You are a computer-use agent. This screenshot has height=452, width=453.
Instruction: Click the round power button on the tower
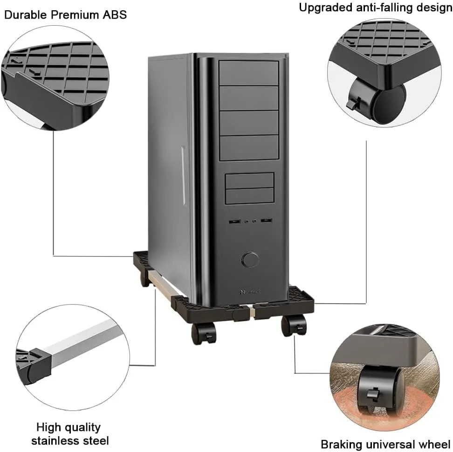(x=251, y=259)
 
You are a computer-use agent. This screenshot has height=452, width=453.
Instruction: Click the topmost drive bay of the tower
(x=248, y=73)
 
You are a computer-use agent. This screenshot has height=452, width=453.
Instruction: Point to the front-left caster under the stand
(x=203, y=333)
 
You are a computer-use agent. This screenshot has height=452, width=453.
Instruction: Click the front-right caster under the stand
(x=295, y=325)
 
